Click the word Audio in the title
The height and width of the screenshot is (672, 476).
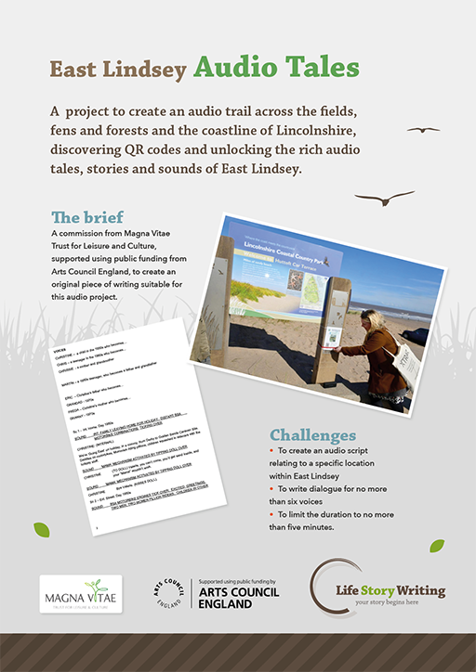235,69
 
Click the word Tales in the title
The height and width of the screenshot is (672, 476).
321,69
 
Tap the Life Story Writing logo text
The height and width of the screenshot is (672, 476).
390,590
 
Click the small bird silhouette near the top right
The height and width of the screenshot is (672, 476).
424,129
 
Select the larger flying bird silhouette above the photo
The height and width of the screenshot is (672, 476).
386,198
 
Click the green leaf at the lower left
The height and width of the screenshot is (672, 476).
42,530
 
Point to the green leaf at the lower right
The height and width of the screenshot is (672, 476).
436,546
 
